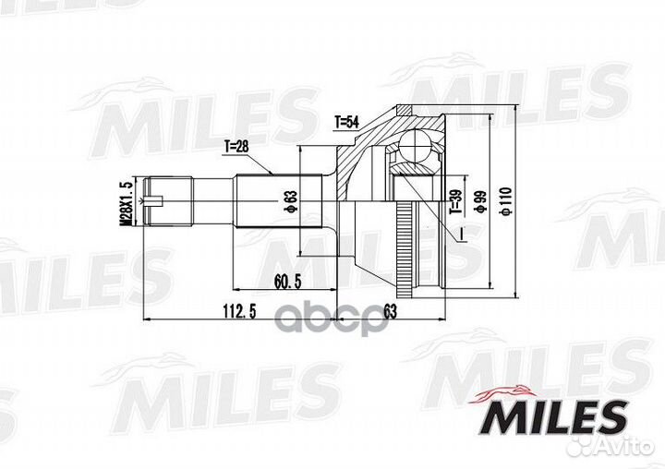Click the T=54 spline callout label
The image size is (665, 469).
point(345,121)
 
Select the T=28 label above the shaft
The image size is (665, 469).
point(237,146)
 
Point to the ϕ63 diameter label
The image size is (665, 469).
point(289,200)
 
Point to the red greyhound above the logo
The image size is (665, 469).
point(506,391)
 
